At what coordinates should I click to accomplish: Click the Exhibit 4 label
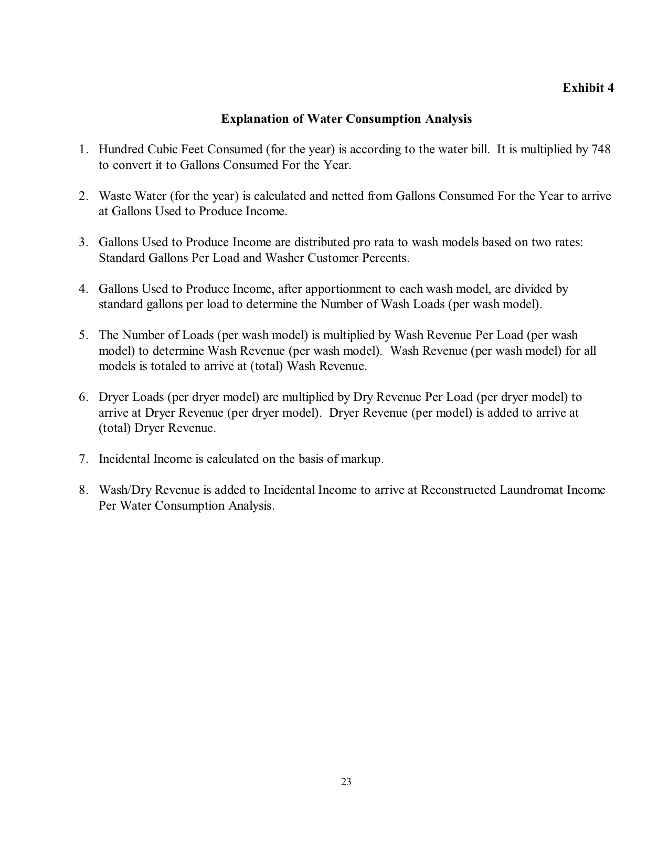pyautogui.click(x=588, y=88)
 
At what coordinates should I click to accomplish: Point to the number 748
pyautogui.click(x=601, y=150)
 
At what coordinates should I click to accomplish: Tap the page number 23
pyautogui.click(x=346, y=781)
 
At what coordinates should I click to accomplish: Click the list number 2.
pyautogui.click(x=83, y=196)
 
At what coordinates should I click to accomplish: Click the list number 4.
pyautogui.click(x=83, y=289)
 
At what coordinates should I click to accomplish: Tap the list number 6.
pyautogui.click(x=83, y=397)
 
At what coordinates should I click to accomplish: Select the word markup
pyautogui.click(x=362, y=459)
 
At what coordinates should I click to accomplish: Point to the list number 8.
pyautogui.click(x=83, y=490)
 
